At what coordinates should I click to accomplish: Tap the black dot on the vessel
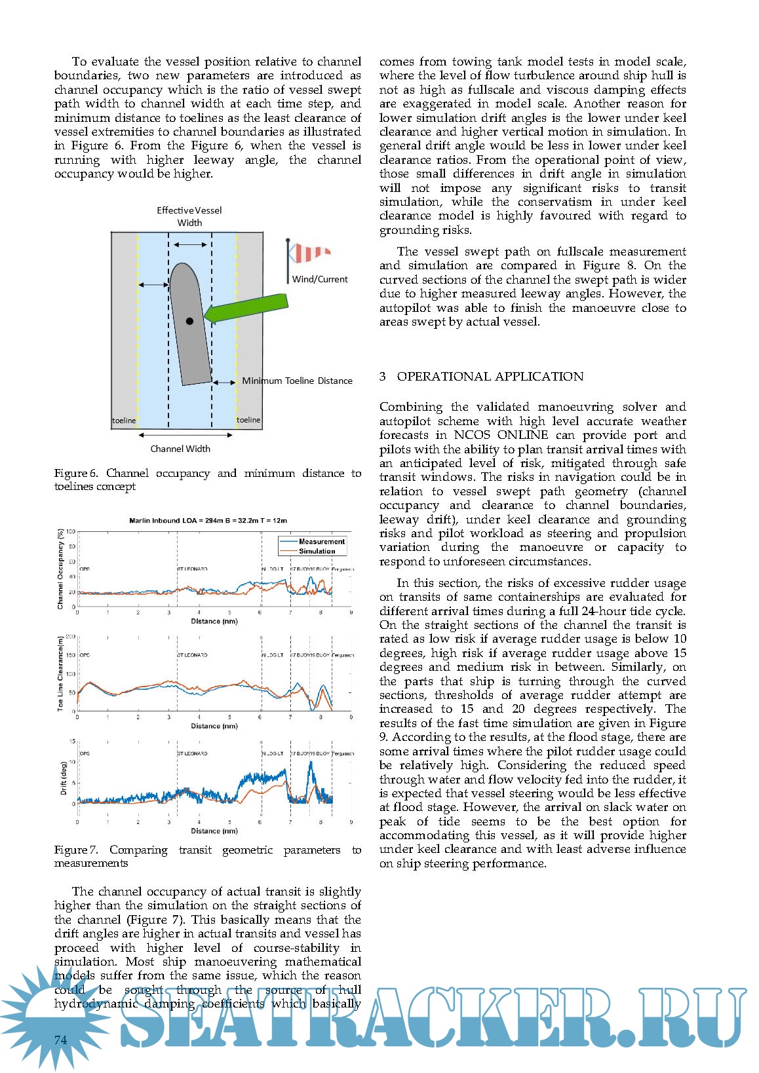tap(189, 321)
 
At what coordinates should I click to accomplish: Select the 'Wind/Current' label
tap(320, 279)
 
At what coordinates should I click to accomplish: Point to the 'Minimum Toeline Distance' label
tap(297, 381)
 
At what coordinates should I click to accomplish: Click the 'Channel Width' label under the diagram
tap(180, 449)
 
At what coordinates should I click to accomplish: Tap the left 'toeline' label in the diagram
tap(124, 421)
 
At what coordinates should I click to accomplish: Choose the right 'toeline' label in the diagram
tap(248, 420)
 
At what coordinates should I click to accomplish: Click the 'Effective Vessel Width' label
tap(189, 216)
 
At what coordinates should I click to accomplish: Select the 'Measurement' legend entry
tap(321, 542)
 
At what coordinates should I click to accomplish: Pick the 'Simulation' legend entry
tap(317, 551)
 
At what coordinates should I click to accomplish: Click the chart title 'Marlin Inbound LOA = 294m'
tap(208, 521)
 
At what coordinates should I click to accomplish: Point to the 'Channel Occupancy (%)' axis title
tap(61, 571)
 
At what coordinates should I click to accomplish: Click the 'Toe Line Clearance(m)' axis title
tap(61, 673)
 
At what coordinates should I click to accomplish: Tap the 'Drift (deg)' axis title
tap(64, 778)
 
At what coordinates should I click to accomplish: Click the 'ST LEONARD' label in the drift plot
tap(192, 753)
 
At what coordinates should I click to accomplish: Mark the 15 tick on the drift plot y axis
tap(73, 742)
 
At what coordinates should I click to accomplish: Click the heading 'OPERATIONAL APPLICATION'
tap(490, 377)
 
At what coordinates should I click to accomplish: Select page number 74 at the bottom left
tap(61, 1040)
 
